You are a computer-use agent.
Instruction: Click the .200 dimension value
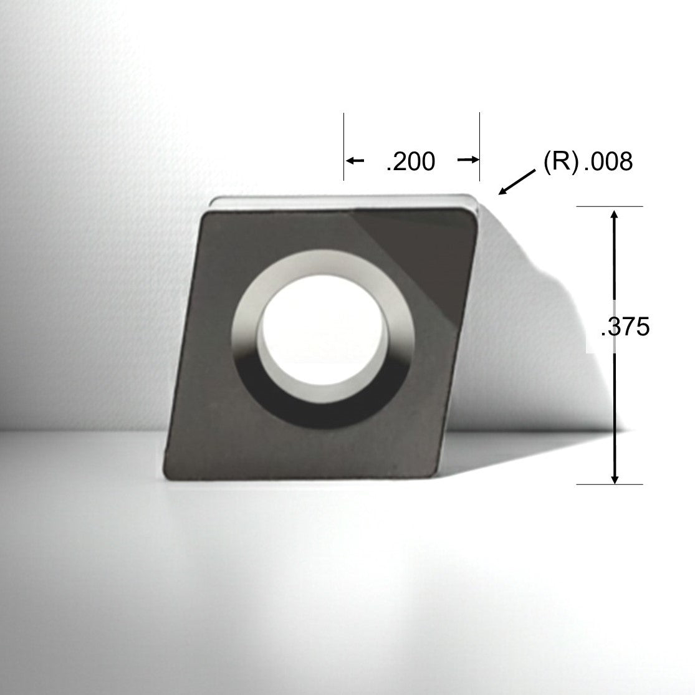click(x=410, y=162)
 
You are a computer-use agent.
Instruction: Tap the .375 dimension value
click(x=625, y=328)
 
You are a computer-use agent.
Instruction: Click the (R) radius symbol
click(x=560, y=162)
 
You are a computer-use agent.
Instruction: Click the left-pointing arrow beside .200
click(x=355, y=161)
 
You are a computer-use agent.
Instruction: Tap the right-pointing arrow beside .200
click(x=468, y=161)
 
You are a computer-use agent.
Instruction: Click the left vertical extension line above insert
click(x=344, y=146)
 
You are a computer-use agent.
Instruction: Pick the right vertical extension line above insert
click(x=479, y=146)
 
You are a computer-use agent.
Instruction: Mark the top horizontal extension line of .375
click(x=609, y=206)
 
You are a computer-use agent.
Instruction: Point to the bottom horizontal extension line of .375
click(x=609, y=484)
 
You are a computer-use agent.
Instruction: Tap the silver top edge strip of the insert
click(x=343, y=201)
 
